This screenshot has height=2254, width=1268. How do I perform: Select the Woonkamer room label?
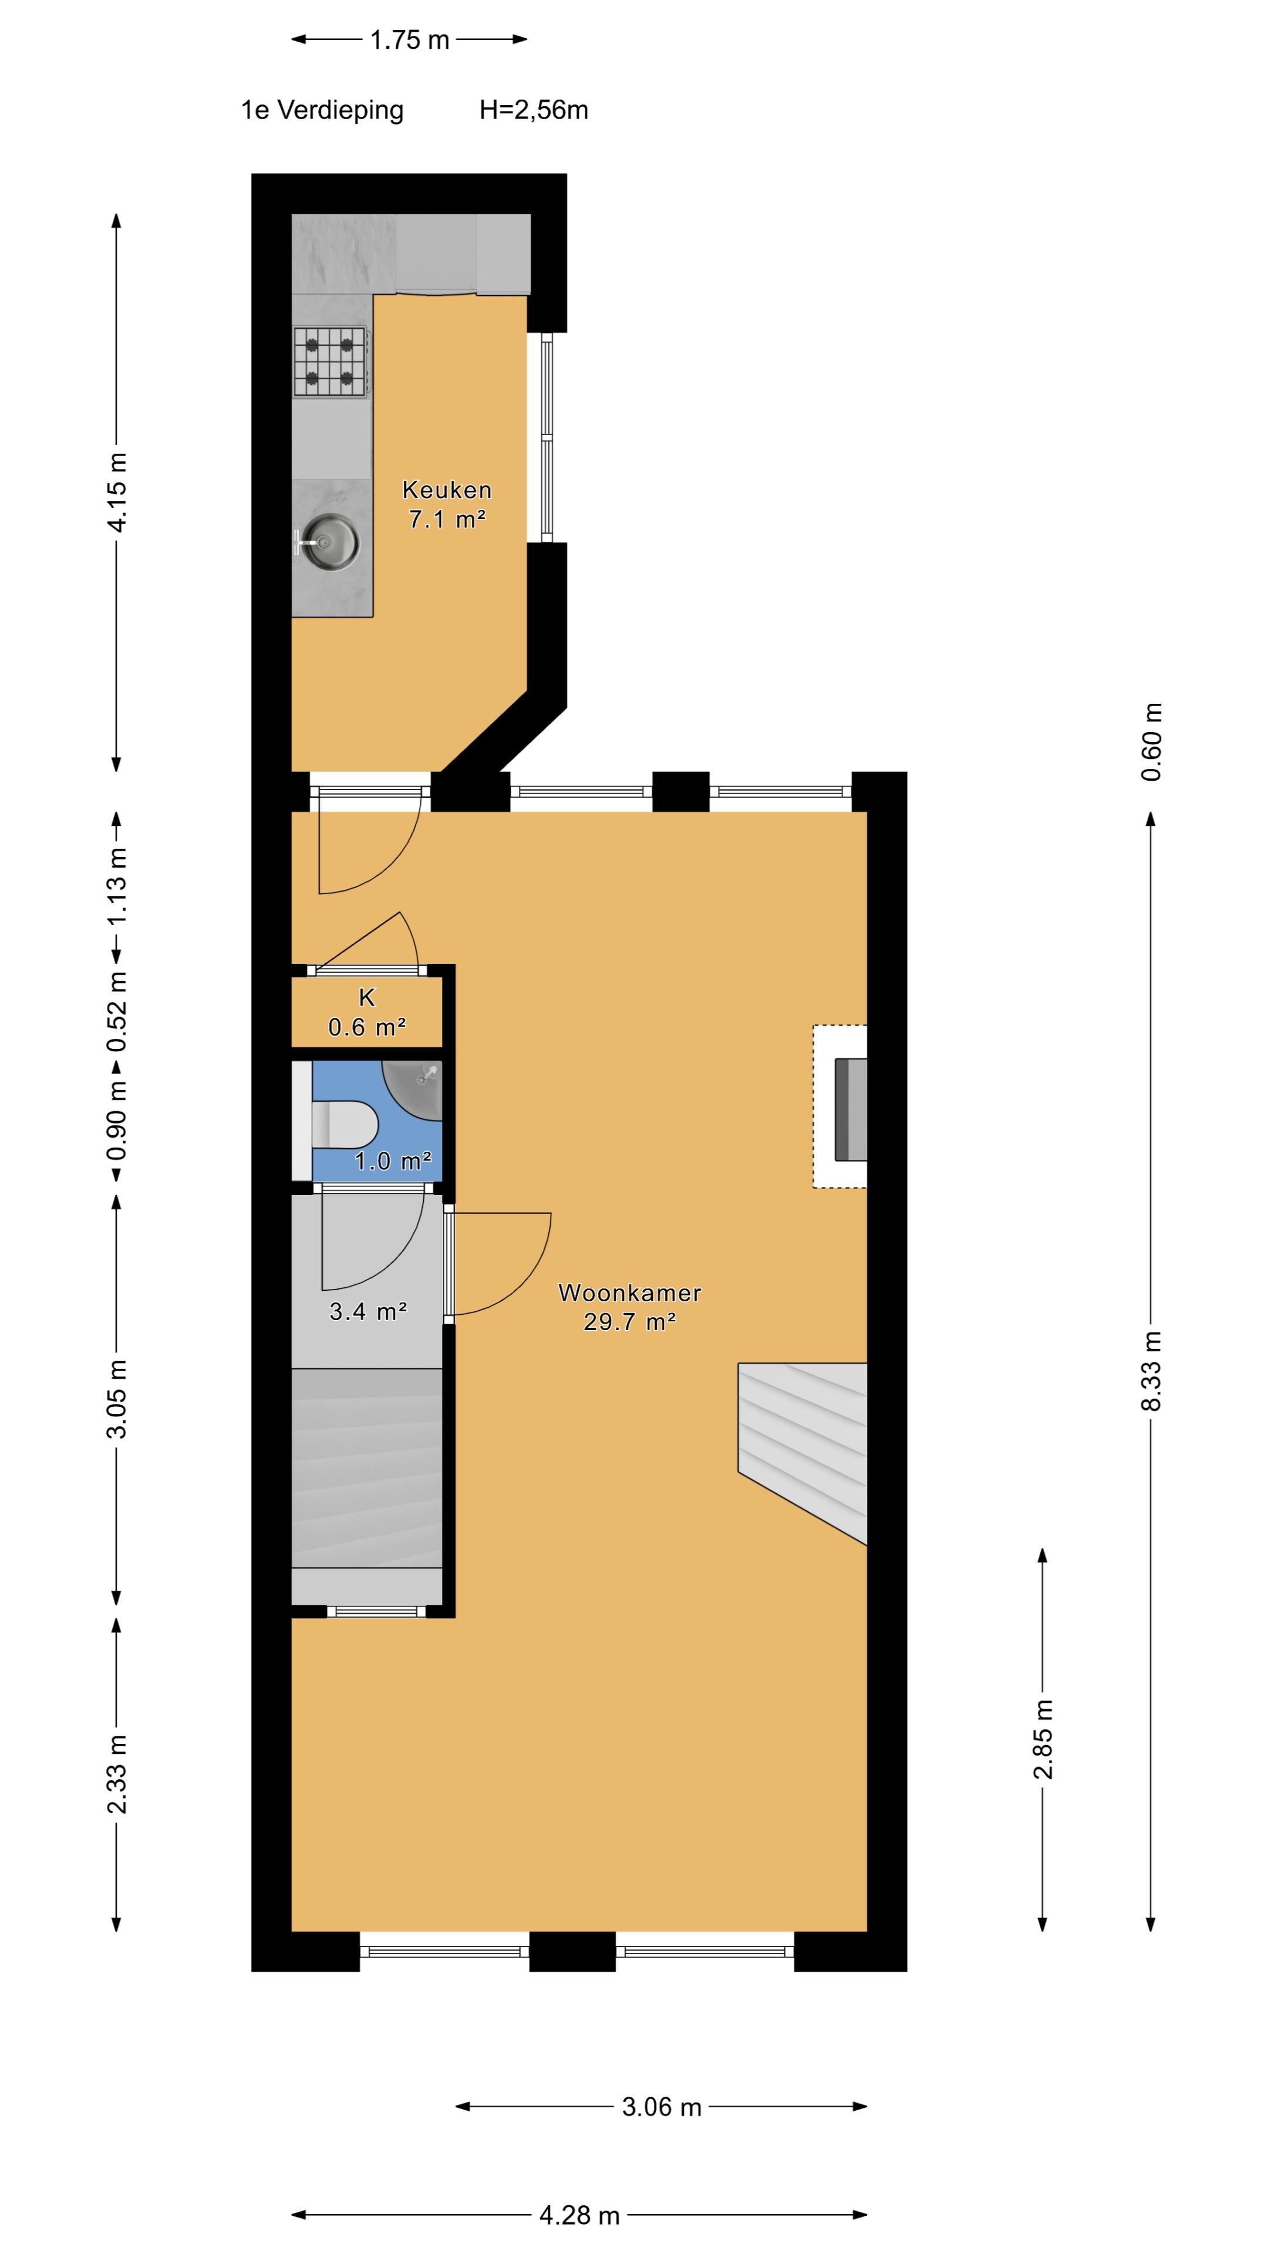(x=629, y=1293)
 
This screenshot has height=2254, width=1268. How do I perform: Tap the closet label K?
(x=367, y=997)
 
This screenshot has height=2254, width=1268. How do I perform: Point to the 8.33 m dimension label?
(x=1152, y=1371)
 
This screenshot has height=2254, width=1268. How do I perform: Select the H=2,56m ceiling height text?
(x=533, y=110)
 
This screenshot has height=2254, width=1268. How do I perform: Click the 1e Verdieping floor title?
(x=322, y=110)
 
